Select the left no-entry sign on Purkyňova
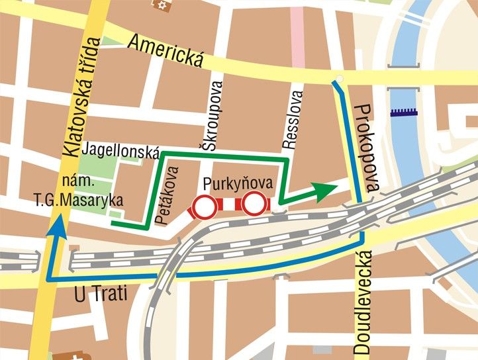pos(204,206)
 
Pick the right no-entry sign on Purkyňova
pos(254,204)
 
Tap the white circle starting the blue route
pos(339,80)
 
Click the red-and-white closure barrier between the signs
pos(229,205)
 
